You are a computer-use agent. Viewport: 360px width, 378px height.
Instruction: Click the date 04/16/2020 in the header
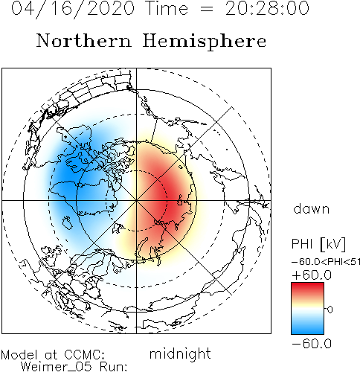73,9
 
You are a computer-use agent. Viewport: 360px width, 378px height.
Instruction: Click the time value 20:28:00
267,8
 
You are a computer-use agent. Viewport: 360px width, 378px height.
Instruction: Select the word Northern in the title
84,41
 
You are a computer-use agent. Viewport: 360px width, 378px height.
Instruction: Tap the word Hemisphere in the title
205,42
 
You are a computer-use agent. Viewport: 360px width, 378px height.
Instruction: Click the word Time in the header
167,8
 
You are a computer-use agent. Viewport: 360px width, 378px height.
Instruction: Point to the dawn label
312,209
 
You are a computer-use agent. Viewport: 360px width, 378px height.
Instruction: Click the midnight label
180,354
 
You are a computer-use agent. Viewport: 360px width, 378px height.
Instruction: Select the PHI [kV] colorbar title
318,244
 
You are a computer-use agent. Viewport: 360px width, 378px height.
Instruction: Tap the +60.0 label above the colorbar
312,275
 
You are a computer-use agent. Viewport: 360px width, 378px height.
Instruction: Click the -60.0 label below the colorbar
312,344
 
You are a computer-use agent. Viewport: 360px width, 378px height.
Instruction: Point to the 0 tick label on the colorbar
330,310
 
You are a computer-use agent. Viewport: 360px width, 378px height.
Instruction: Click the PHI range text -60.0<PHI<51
326,262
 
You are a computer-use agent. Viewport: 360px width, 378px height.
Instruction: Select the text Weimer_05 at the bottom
57,367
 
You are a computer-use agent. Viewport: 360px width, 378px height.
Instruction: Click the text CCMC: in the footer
85,355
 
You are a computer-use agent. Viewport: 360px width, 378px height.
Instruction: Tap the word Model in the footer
19,355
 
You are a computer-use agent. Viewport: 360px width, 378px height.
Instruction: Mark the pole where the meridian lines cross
136,200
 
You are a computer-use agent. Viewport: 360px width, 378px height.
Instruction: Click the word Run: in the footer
114,367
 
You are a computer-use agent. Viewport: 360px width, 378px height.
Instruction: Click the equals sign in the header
206,9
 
